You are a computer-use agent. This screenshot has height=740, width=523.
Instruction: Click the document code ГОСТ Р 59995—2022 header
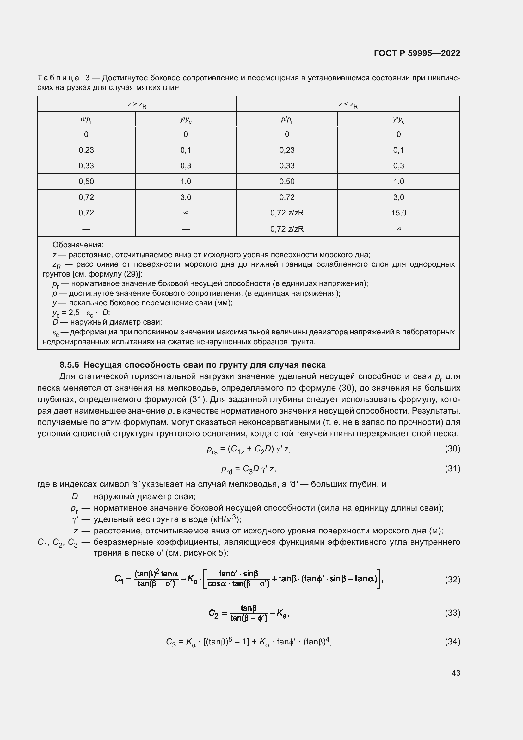click(417, 53)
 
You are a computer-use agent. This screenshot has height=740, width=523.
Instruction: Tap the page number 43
click(456, 673)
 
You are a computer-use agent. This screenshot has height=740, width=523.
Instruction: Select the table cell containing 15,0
click(398, 213)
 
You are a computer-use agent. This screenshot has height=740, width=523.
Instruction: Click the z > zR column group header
click(137, 104)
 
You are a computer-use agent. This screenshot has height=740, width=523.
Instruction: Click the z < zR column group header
click(348, 104)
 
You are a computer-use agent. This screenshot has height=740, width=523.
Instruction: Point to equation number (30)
click(452, 449)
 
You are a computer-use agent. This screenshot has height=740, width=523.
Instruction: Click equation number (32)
click(452, 580)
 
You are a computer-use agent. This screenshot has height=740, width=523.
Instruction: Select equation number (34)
click(452, 642)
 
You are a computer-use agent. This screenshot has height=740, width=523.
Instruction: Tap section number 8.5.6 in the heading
click(69, 365)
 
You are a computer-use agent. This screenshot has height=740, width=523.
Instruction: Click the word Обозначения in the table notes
click(77, 245)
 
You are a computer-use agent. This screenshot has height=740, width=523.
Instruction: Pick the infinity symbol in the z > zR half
click(186, 213)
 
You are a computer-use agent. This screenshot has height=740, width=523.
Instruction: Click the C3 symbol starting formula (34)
click(171, 642)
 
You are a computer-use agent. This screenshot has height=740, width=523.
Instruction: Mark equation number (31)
click(452, 469)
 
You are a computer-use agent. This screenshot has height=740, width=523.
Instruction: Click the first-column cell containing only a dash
click(86, 229)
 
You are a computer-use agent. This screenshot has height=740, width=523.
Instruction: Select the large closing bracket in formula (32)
click(379, 579)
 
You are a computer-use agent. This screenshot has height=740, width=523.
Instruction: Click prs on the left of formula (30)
click(212, 450)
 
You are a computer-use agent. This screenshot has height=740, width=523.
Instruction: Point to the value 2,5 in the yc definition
click(74, 312)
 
